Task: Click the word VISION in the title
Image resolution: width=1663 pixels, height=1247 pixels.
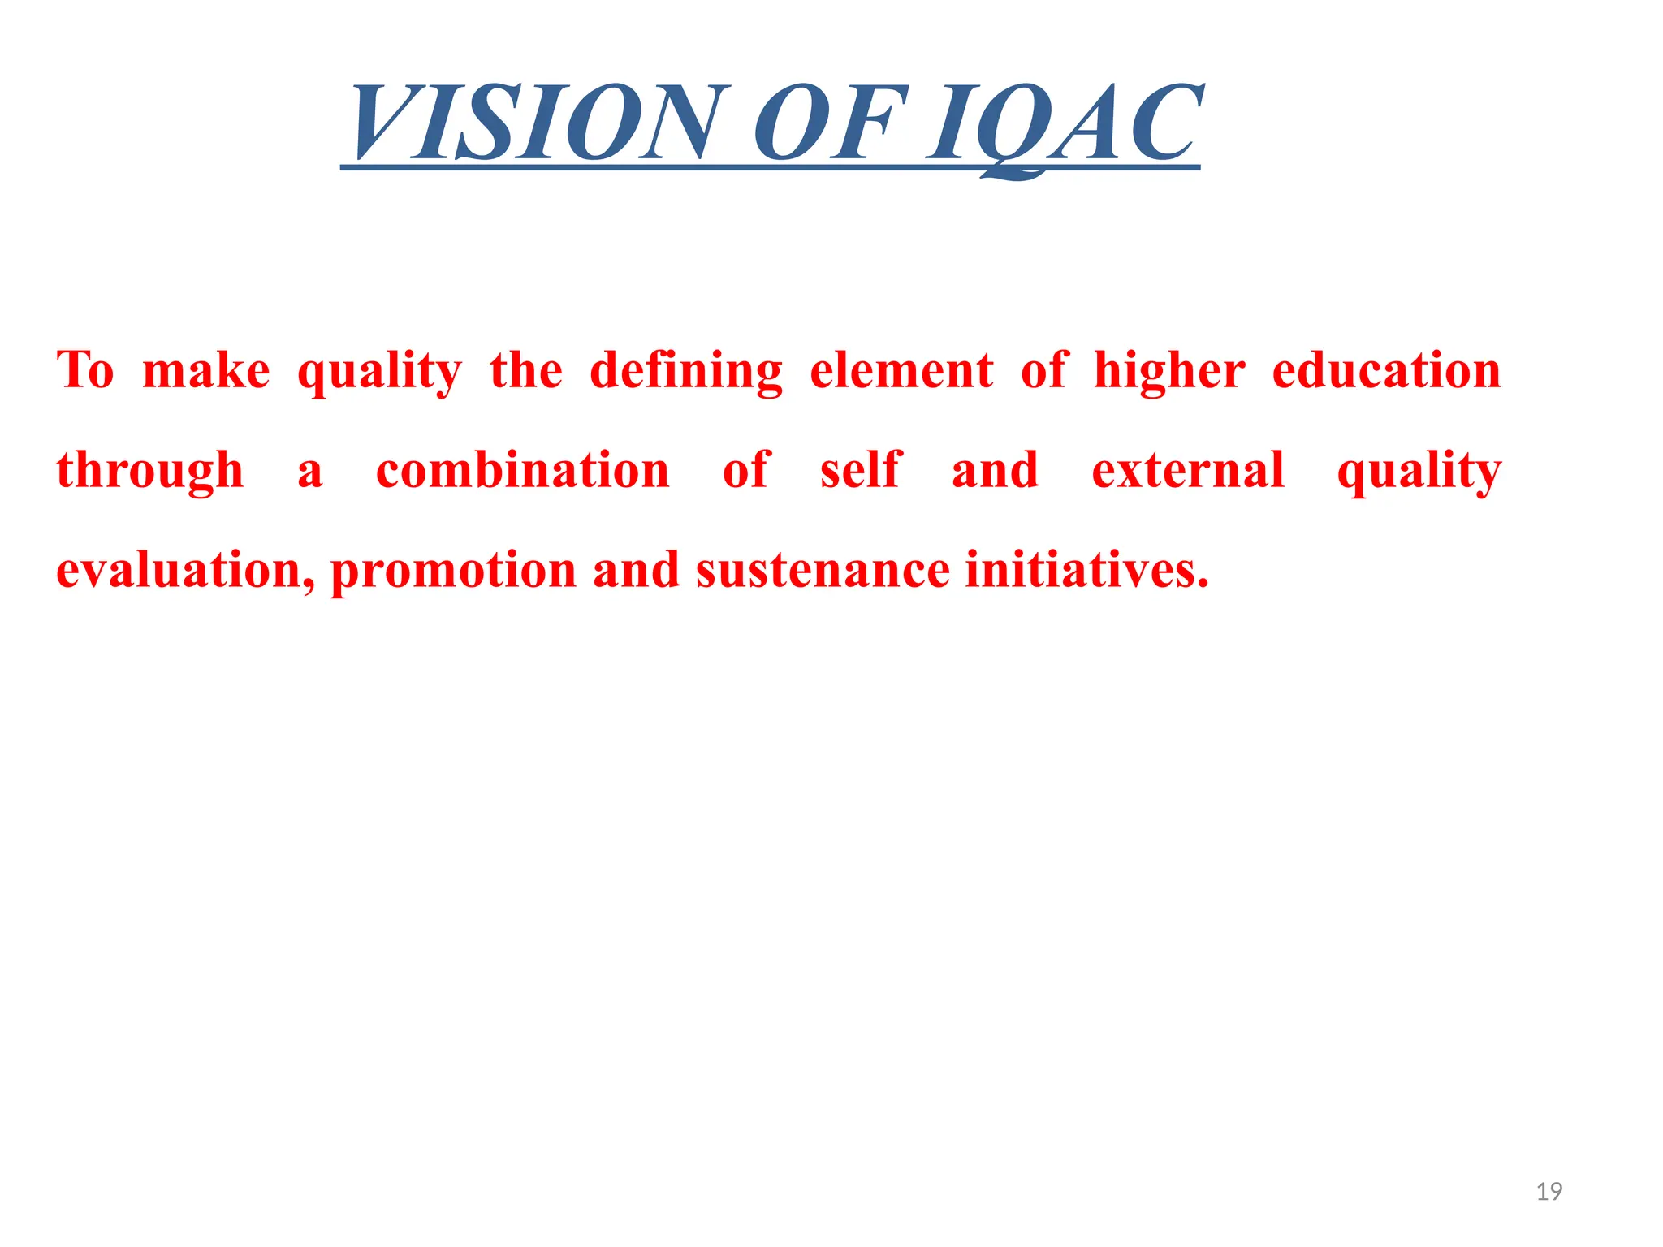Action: click(x=536, y=123)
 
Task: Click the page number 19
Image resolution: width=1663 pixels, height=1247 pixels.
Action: click(x=1549, y=1192)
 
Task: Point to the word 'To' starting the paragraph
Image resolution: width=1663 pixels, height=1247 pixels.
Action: click(x=85, y=371)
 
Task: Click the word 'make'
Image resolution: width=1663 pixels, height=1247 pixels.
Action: click(x=206, y=371)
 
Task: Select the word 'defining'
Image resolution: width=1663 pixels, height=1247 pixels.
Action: click(x=686, y=371)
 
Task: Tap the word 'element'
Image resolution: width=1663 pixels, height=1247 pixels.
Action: click(x=901, y=371)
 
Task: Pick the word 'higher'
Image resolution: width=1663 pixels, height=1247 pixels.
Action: click(x=1169, y=371)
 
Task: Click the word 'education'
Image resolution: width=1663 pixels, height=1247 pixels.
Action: click(x=1387, y=371)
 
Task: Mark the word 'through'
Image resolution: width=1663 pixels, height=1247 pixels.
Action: click(x=150, y=471)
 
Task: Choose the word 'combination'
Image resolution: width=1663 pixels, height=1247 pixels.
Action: click(x=523, y=471)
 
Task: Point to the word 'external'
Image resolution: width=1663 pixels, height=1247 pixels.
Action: click(x=1188, y=471)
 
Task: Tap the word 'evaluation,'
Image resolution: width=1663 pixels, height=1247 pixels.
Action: click(x=185, y=571)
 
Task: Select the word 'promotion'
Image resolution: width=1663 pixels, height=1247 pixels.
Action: click(x=453, y=571)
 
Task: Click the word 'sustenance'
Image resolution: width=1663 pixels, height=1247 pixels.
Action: click(x=823, y=571)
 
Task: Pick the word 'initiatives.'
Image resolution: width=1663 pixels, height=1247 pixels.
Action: click(x=1087, y=571)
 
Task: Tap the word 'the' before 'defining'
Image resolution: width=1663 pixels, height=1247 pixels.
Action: click(x=526, y=371)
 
